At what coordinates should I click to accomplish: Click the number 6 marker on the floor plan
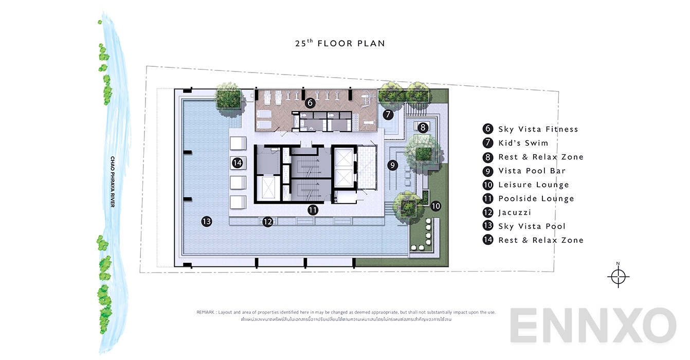tap(310, 103)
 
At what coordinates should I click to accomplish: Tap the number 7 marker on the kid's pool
tap(388, 115)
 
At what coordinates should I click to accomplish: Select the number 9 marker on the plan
tap(392, 165)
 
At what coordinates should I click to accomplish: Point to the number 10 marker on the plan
tap(435, 206)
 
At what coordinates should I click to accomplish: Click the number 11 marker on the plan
tap(313, 210)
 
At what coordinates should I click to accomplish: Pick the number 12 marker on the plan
tap(267, 222)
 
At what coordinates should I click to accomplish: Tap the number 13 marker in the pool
tap(207, 222)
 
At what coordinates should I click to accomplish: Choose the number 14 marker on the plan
tap(237, 163)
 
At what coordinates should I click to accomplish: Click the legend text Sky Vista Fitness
tap(538, 129)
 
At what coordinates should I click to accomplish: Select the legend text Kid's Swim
tap(523, 143)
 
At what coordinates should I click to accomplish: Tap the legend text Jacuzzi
tap(514, 212)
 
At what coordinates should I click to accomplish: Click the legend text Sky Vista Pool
tap(532, 226)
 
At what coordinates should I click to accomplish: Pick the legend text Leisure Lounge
tap(533, 185)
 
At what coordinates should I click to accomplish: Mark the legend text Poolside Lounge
tap(536, 199)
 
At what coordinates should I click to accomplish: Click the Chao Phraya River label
tap(112, 182)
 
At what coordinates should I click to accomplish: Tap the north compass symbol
tap(618, 276)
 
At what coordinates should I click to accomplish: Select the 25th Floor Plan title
tap(340, 44)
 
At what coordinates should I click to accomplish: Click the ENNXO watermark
tap(593, 326)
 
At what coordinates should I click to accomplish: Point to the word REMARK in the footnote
tap(206, 312)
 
